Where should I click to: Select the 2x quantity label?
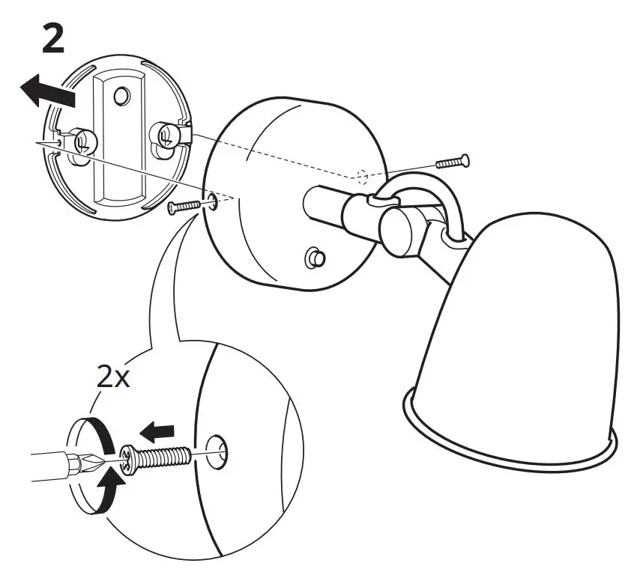(x=113, y=376)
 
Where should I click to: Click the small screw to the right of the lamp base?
(x=452, y=160)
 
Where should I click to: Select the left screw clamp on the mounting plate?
(x=82, y=140)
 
